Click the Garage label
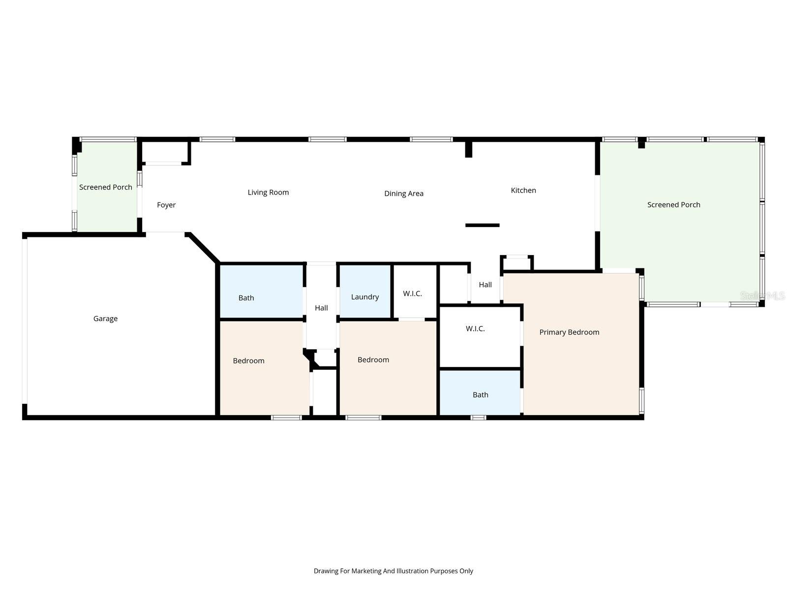click(x=105, y=319)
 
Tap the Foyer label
click(x=166, y=205)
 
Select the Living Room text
click(x=268, y=193)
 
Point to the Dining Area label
click(x=403, y=194)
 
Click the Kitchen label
click(x=523, y=190)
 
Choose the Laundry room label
click(x=365, y=297)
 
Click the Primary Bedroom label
click(x=569, y=332)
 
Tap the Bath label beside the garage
click(x=246, y=297)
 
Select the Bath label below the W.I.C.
click(x=480, y=394)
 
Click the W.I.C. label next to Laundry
click(x=412, y=294)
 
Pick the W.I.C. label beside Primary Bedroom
click(x=475, y=328)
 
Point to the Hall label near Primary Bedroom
click(x=485, y=285)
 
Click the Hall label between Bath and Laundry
click(x=321, y=308)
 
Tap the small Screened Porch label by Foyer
click(x=105, y=187)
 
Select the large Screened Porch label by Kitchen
click(x=673, y=205)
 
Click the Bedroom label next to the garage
click(x=248, y=361)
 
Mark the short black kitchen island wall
click(x=482, y=225)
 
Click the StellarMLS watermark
click(x=762, y=295)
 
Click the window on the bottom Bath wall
click(x=478, y=418)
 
